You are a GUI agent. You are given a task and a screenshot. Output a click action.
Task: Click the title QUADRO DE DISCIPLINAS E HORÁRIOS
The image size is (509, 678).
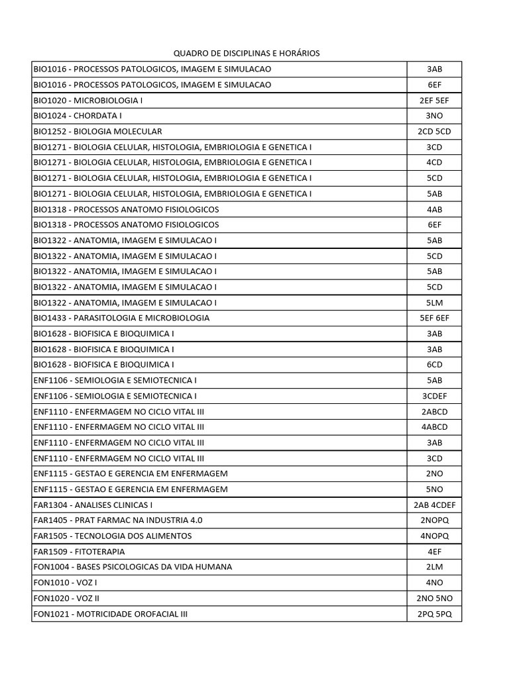247,53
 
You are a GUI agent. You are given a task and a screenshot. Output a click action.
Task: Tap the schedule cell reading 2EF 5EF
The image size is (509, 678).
434,101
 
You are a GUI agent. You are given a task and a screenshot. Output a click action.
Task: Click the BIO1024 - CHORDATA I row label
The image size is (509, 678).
78,116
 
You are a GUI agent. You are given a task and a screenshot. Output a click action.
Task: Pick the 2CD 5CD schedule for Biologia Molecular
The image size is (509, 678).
434,132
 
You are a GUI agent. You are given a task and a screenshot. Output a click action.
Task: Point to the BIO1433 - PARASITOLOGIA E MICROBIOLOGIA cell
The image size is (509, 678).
121,318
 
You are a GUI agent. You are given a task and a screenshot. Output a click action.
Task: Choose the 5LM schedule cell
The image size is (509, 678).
434,303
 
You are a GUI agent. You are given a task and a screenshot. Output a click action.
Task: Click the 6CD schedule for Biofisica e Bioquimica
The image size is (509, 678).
434,365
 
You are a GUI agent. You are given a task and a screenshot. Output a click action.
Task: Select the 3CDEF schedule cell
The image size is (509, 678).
434,396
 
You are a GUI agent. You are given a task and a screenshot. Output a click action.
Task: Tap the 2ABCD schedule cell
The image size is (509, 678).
434,411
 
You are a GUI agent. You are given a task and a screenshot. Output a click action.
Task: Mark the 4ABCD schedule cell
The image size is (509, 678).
434,427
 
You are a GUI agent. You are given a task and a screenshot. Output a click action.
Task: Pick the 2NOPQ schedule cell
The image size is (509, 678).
434,520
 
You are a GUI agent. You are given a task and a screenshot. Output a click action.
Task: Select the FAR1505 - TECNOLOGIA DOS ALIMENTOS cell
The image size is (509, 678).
113,536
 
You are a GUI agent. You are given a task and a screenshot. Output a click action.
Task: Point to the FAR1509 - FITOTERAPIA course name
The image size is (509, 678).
79,552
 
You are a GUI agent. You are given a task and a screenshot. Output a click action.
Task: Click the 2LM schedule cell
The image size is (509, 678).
434,567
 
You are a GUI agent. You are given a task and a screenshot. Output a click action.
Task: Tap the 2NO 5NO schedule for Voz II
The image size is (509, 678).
434,598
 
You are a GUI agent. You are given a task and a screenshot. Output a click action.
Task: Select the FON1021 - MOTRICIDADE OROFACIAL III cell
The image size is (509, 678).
111,614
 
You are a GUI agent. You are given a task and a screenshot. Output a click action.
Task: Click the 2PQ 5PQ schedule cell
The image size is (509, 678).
434,614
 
